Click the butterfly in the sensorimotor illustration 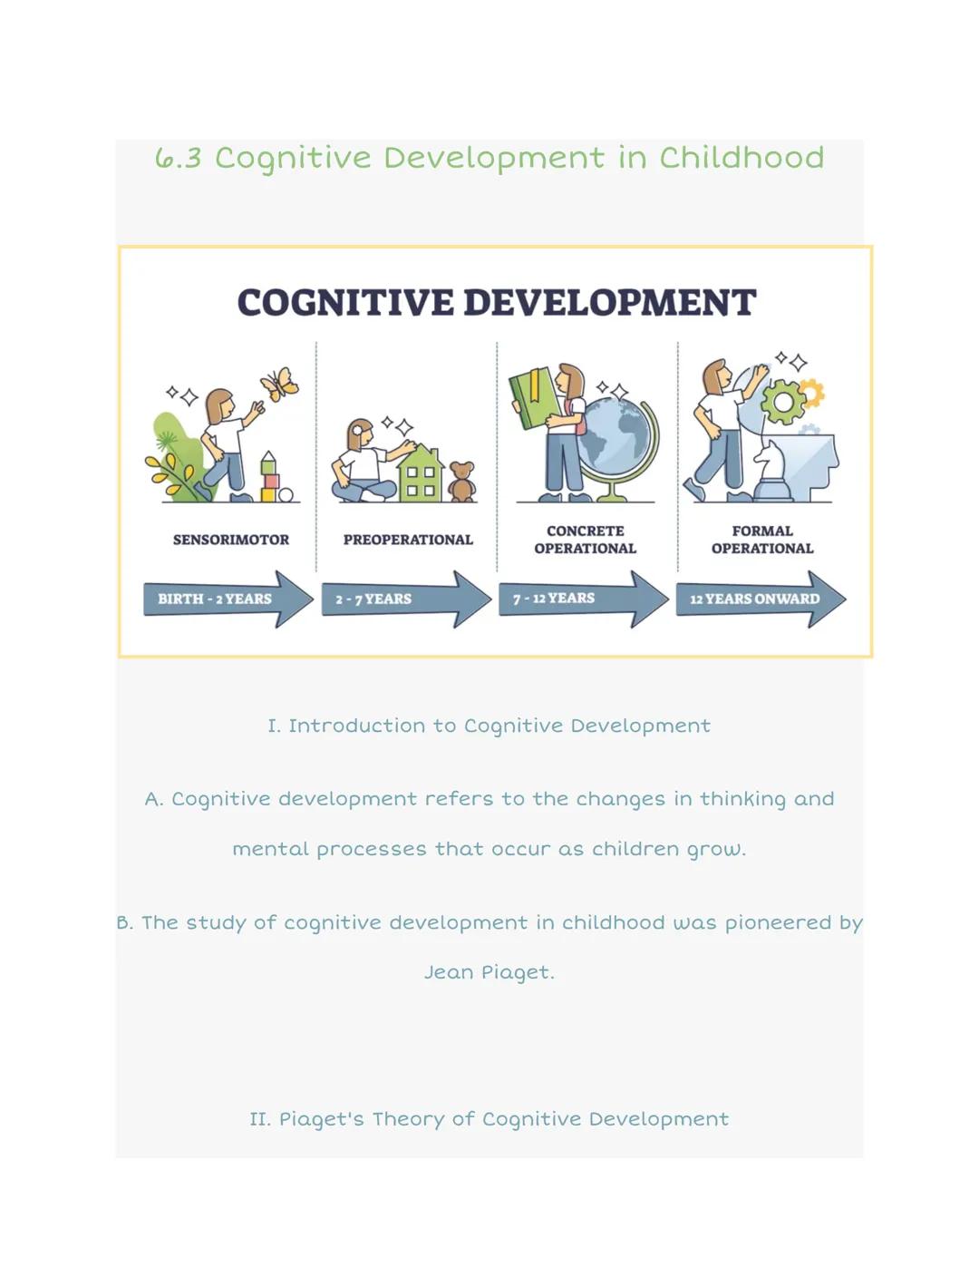coord(280,383)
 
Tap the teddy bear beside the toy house coord(462,482)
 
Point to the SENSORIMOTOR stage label coord(231,540)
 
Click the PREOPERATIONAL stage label coord(408,540)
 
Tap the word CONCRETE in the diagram coord(586,531)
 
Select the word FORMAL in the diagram coord(762,531)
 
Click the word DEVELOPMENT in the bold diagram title coord(609,303)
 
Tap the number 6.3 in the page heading coord(178,159)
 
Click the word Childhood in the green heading coord(742,158)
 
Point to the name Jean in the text coord(448,972)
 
